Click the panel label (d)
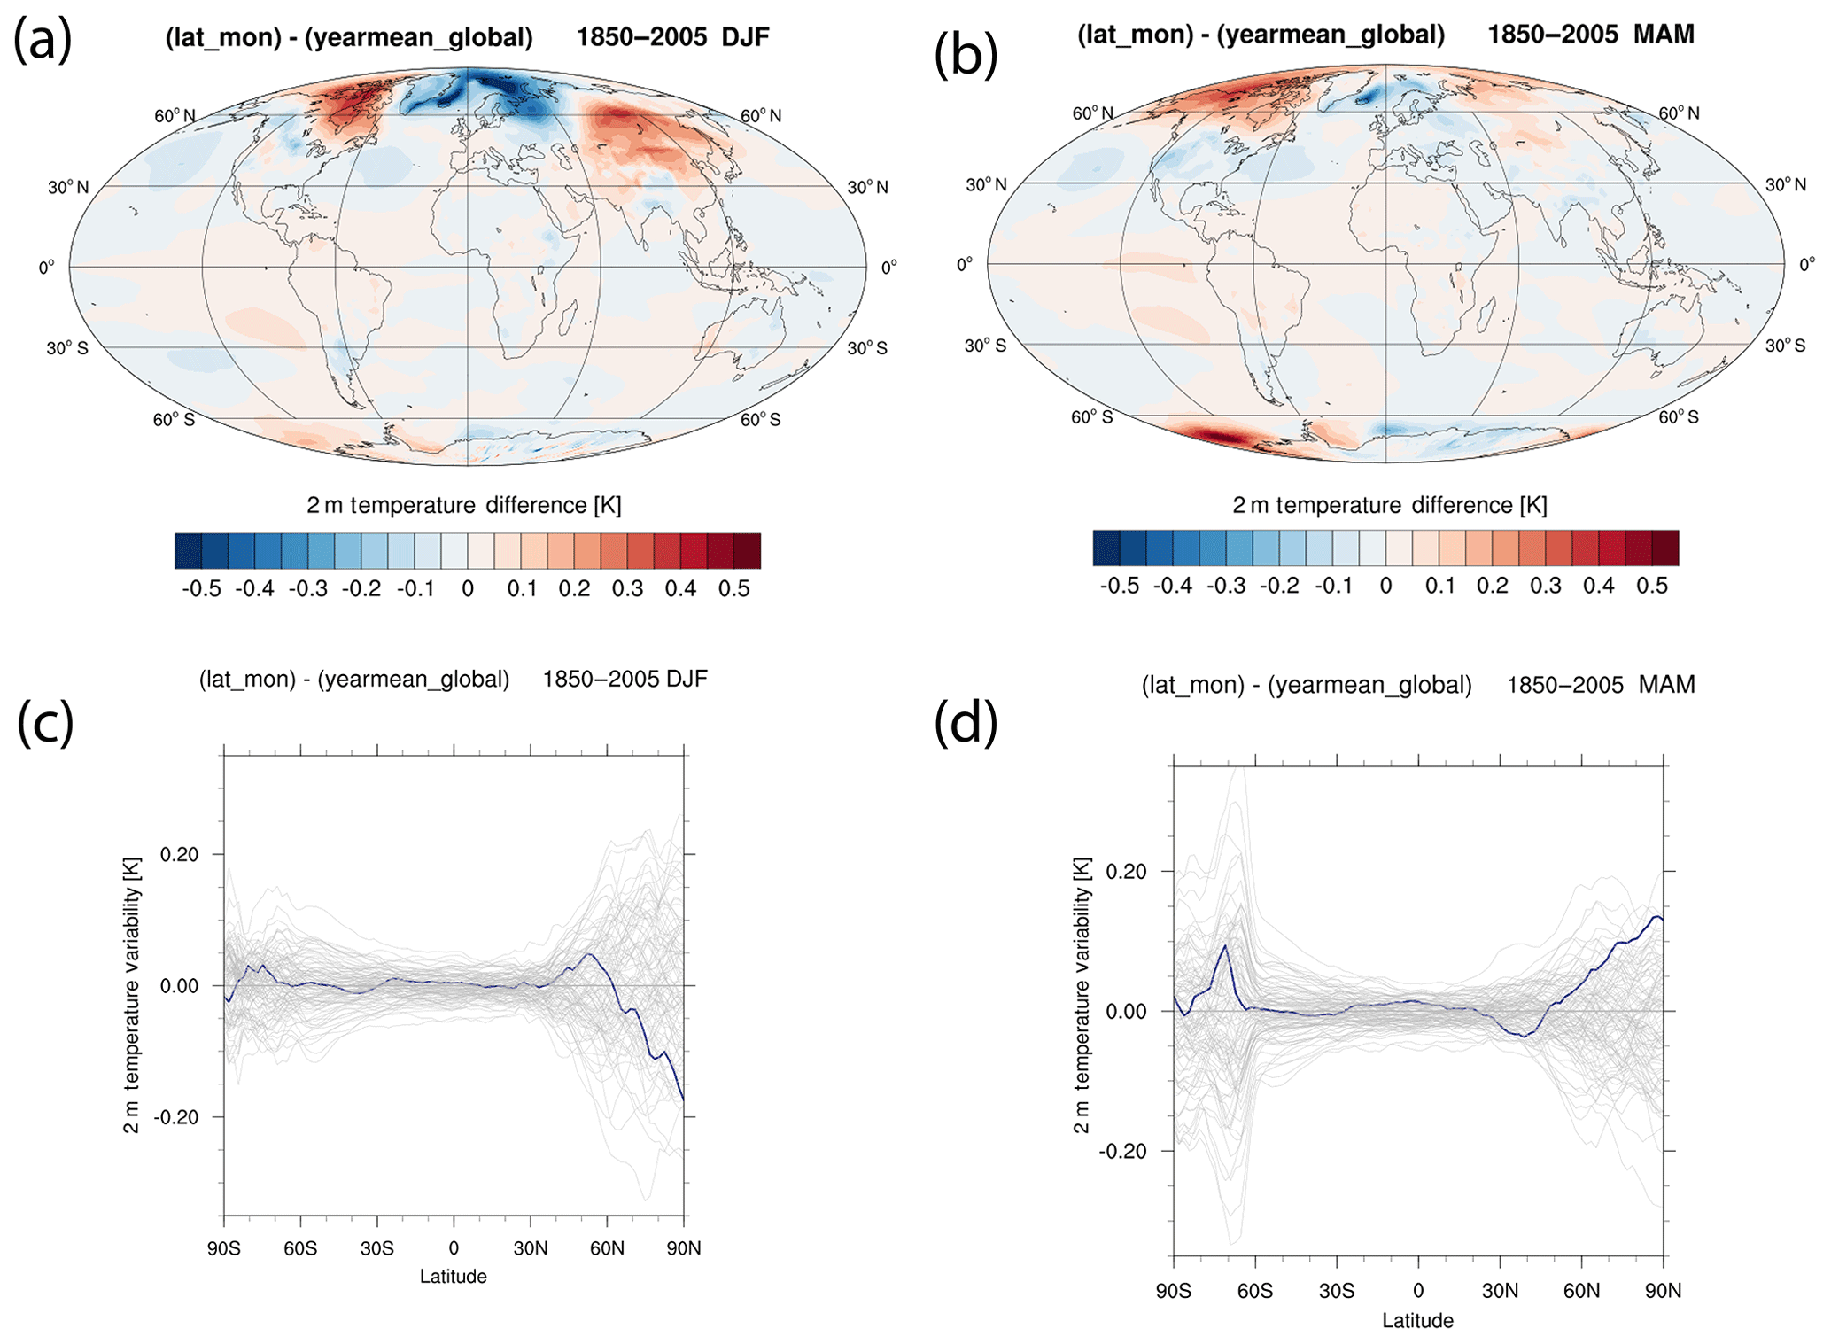click(x=966, y=722)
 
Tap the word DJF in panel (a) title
click(x=745, y=37)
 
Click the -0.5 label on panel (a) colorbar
click(x=201, y=589)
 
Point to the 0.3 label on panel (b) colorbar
click(x=1545, y=586)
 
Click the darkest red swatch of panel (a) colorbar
click(x=747, y=551)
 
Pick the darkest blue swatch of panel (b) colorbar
click(x=1106, y=548)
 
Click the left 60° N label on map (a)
click(x=175, y=116)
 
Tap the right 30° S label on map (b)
click(x=1785, y=346)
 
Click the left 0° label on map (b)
click(x=965, y=264)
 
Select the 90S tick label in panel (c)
click(x=224, y=1248)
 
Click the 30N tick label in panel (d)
click(x=1500, y=1291)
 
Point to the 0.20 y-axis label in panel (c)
click(x=179, y=854)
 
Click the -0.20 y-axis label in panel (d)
click(x=1122, y=1151)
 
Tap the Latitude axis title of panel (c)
click(x=453, y=1277)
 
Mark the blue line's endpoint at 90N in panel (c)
click(x=683, y=1099)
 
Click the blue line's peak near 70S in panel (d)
click(x=1225, y=945)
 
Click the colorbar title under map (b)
click(x=1389, y=505)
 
